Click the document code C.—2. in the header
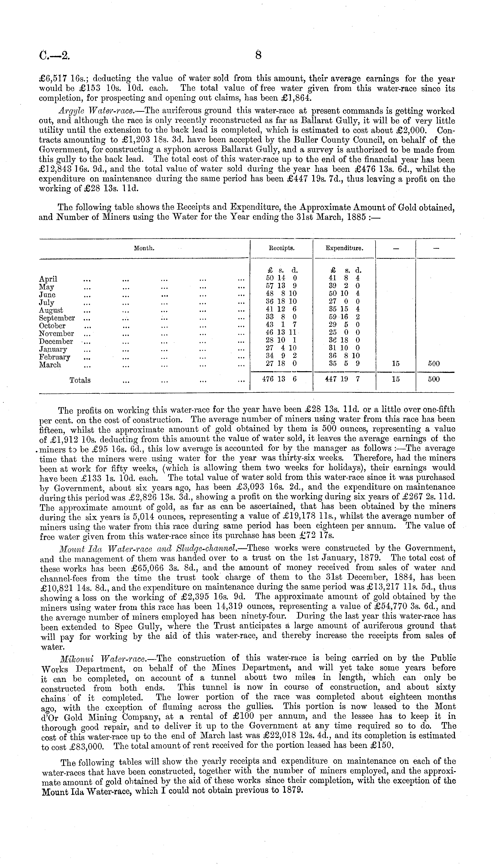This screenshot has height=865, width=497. coord(54,55)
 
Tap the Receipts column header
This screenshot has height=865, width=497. coord(282,248)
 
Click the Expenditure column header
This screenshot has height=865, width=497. coord(344,248)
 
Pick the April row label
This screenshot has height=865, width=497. coord(48,279)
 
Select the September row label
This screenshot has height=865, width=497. coord(57,318)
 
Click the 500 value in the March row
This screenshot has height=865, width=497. coord(434,364)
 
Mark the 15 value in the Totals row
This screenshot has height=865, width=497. coord(396,379)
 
